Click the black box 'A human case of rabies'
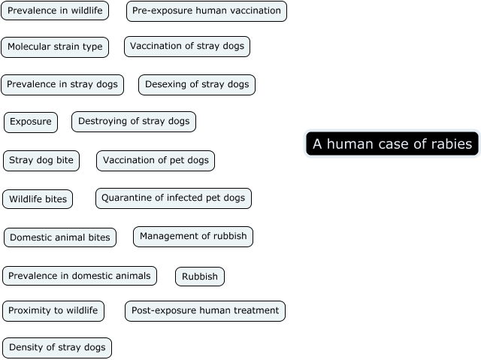(x=392, y=144)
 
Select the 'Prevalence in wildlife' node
(x=55, y=11)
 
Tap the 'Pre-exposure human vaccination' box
(x=207, y=11)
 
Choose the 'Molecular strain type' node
(x=55, y=47)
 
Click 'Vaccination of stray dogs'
(x=187, y=47)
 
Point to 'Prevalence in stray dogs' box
(x=62, y=85)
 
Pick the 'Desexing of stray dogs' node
(x=197, y=85)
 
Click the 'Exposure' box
(x=31, y=122)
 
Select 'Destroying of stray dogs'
(x=134, y=122)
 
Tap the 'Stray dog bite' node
(x=41, y=161)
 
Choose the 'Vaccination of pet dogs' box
(x=156, y=161)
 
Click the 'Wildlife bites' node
(x=38, y=199)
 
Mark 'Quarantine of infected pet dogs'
(x=174, y=198)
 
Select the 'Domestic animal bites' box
(x=60, y=238)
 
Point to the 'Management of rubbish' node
(x=193, y=237)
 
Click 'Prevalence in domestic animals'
(x=80, y=277)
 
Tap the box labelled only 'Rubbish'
(x=200, y=277)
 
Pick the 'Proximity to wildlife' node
(x=53, y=311)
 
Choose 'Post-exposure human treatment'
(x=205, y=311)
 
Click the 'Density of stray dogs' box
(x=57, y=348)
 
